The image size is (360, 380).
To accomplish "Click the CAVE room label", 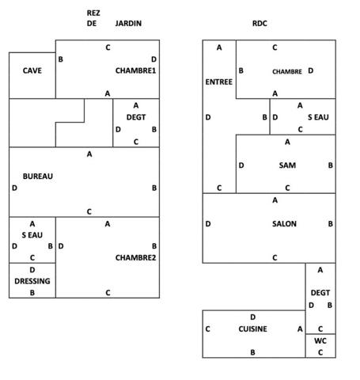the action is click(32, 70).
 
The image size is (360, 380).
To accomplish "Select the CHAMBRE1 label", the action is click(135, 70).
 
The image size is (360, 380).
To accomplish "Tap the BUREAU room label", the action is click(38, 177).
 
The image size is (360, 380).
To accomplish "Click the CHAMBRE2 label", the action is click(135, 257).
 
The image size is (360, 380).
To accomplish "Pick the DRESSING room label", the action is click(32, 281).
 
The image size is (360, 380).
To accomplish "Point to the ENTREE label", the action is click(219, 82).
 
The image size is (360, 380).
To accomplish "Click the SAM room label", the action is click(287, 165).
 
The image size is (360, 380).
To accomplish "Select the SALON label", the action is click(284, 224).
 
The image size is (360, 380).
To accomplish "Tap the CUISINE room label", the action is click(252, 329).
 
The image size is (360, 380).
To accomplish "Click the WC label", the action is click(320, 341).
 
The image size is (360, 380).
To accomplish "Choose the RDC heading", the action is click(260, 24).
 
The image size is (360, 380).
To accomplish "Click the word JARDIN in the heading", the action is click(128, 24).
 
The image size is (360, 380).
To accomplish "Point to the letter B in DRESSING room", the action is click(32, 293).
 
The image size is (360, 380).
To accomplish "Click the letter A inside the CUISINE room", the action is click(300, 329).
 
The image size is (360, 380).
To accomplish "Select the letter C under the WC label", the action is click(320, 352).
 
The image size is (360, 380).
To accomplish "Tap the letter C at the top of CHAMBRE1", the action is click(108, 47).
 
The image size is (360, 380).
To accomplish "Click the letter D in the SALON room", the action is click(208, 224).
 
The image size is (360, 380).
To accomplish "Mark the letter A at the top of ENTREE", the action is click(219, 47).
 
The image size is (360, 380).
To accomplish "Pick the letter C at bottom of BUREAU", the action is click(89, 211).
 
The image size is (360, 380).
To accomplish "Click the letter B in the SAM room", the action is click(330, 165).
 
